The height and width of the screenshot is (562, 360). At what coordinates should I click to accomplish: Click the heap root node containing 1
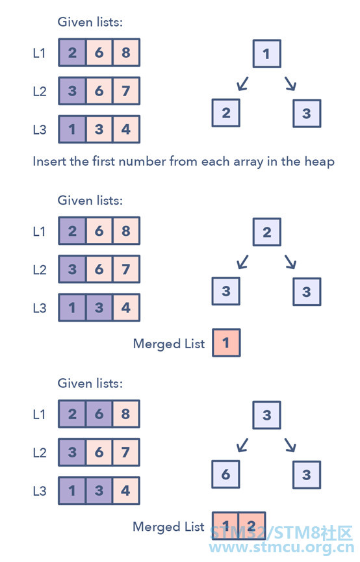pyautogui.click(x=267, y=54)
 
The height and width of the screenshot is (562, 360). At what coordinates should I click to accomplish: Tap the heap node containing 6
pyautogui.click(x=225, y=474)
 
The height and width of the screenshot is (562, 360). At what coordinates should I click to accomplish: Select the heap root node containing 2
pyautogui.click(x=267, y=232)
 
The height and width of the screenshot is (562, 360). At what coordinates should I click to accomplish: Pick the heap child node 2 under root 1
pyautogui.click(x=226, y=113)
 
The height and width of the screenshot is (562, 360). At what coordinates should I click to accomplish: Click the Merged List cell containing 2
pyautogui.click(x=252, y=526)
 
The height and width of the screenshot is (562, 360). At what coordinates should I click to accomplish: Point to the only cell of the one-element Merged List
pyautogui.click(x=226, y=342)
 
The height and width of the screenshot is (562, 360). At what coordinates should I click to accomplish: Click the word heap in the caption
pyautogui.click(x=320, y=162)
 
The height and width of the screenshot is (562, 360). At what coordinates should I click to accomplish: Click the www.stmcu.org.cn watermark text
pyautogui.click(x=281, y=547)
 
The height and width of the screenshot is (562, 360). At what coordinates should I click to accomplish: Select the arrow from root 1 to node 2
pyautogui.click(x=243, y=84)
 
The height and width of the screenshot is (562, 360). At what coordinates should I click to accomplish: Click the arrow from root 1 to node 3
pyautogui.click(x=290, y=84)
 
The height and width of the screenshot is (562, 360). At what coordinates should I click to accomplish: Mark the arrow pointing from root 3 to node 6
pyautogui.click(x=243, y=445)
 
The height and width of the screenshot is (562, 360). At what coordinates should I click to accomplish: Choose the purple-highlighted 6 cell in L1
pyautogui.click(x=99, y=414)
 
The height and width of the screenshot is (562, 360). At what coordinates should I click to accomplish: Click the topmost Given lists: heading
pyautogui.click(x=90, y=22)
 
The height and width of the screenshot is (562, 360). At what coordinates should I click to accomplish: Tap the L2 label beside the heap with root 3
pyautogui.click(x=40, y=453)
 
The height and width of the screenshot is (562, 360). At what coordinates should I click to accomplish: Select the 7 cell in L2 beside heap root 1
pyautogui.click(x=126, y=91)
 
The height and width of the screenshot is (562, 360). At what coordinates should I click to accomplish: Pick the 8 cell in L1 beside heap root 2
pyautogui.click(x=126, y=231)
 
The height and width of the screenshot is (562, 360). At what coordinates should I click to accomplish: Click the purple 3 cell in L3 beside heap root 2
pyautogui.click(x=99, y=307)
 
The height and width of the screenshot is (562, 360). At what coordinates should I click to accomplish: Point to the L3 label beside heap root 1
pyautogui.click(x=40, y=129)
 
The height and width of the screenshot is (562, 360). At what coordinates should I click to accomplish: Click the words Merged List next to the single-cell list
pyautogui.click(x=169, y=344)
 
